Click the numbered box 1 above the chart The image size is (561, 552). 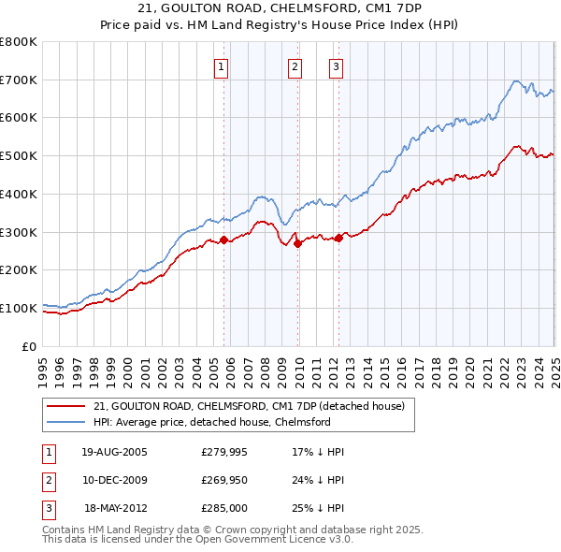(x=222, y=66)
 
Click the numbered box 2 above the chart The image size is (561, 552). (x=295, y=66)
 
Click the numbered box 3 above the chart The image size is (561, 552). (x=336, y=66)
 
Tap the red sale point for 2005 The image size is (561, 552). (x=223, y=240)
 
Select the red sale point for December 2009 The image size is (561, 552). (x=298, y=243)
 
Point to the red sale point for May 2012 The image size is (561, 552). (x=338, y=238)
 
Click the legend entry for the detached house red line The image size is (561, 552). (x=249, y=407)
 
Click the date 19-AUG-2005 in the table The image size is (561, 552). (x=115, y=452)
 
